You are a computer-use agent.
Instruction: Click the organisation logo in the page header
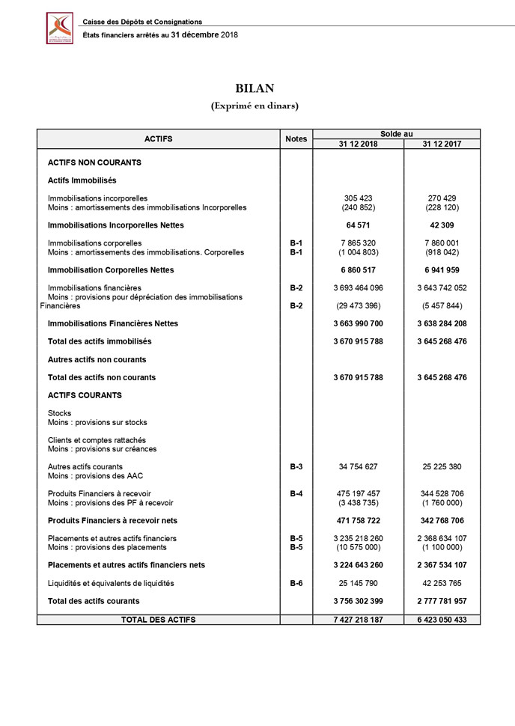(60, 28)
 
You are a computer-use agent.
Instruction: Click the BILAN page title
(255, 88)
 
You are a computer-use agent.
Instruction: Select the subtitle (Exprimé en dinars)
(255, 106)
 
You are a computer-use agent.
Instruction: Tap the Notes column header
(296, 138)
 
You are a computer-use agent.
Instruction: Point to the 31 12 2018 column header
(358, 144)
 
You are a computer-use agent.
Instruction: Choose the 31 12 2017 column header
(442, 144)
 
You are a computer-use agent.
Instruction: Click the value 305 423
(358, 198)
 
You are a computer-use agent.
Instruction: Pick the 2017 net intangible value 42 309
(442, 225)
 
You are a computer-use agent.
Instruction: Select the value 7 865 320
(358, 243)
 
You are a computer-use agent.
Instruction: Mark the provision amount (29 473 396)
(358, 305)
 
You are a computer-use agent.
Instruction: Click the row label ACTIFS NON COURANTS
(94, 162)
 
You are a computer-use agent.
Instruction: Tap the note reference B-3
(296, 466)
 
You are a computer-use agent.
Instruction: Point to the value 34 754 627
(358, 466)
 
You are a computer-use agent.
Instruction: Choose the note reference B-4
(296, 494)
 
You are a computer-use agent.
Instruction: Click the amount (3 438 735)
(358, 503)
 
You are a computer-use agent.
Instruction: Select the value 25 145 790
(358, 583)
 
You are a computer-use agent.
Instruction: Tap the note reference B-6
(296, 583)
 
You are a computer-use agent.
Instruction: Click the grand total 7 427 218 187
(358, 620)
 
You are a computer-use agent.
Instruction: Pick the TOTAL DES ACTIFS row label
(159, 620)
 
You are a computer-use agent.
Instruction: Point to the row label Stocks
(60, 413)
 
